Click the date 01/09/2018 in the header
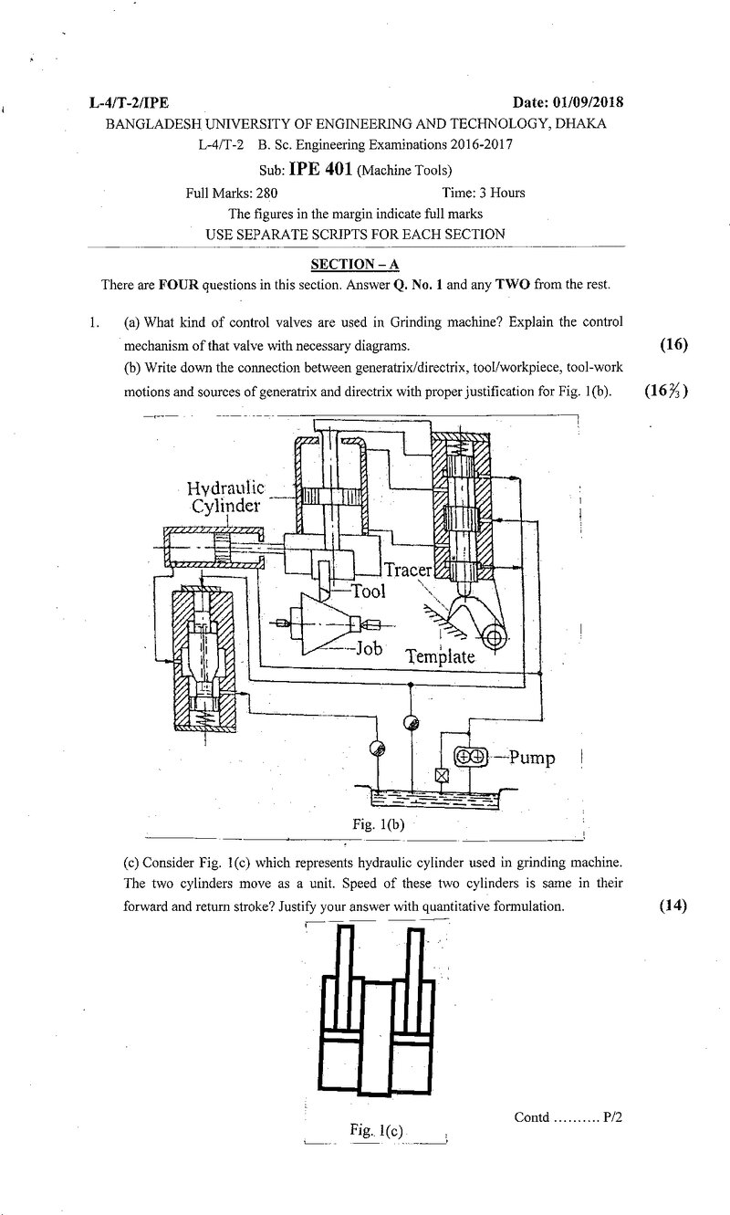(x=588, y=102)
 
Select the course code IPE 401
(x=321, y=169)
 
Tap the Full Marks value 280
(x=266, y=194)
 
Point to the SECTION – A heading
(x=355, y=264)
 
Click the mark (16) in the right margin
(x=674, y=344)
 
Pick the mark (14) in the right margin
(x=673, y=906)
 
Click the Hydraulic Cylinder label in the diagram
(x=225, y=497)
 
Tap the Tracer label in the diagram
(x=408, y=571)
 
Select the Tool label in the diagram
(x=369, y=591)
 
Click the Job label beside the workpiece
(x=369, y=647)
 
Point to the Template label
(x=441, y=657)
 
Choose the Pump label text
(x=532, y=758)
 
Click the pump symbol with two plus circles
(x=471, y=756)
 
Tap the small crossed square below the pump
(x=443, y=776)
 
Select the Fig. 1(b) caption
(x=379, y=824)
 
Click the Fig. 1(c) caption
(x=376, y=1130)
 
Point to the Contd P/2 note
(x=568, y=1116)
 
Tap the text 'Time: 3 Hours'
(x=484, y=193)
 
